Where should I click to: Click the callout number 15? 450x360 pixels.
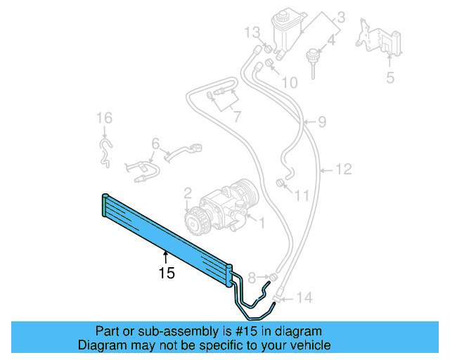point(166,273)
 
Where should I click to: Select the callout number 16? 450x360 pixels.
point(104,117)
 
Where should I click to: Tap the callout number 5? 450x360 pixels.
point(390,77)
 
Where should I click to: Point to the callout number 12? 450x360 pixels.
point(342,169)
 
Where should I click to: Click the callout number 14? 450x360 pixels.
point(304,297)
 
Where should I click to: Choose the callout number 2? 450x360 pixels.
point(188,193)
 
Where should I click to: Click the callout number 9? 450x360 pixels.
point(321,122)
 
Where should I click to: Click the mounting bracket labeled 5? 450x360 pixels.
point(379,41)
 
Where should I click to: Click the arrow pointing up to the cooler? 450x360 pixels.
point(166,257)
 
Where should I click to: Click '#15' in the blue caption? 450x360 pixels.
point(231,331)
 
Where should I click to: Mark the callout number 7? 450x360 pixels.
point(238,115)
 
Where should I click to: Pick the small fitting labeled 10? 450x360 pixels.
point(268,67)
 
